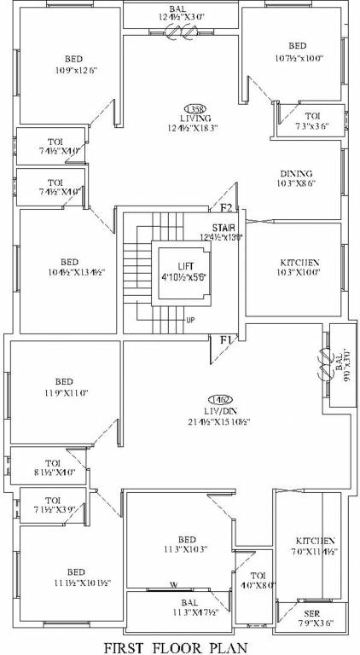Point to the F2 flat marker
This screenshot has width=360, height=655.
coord(226,208)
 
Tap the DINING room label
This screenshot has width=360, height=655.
coord(295,174)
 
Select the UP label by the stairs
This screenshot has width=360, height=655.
coord(189,322)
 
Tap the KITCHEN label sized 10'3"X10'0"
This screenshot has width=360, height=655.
coord(299,263)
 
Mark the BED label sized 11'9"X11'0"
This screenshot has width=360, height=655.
coord(63,381)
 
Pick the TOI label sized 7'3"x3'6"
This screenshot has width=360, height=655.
coord(314,115)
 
